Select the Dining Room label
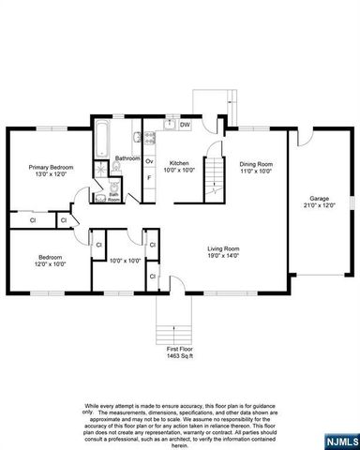click(254, 167)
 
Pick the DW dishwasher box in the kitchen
click(185, 125)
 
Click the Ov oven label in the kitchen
click(148, 161)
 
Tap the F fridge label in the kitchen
click(148, 178)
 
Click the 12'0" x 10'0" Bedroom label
click(51, 260)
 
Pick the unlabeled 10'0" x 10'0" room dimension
click(124, 262)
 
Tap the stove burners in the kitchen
click(148, 139)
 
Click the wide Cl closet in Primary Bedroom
click(33, 221)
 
